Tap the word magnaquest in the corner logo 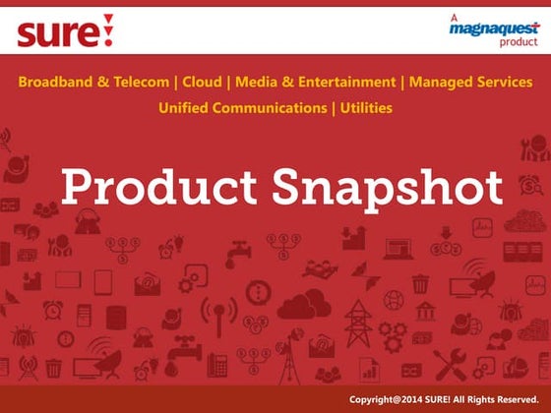(488, 30)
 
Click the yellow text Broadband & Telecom (93, 82)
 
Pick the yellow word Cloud (202, 82)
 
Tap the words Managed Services (471, 82)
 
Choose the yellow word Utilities (366, 107)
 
